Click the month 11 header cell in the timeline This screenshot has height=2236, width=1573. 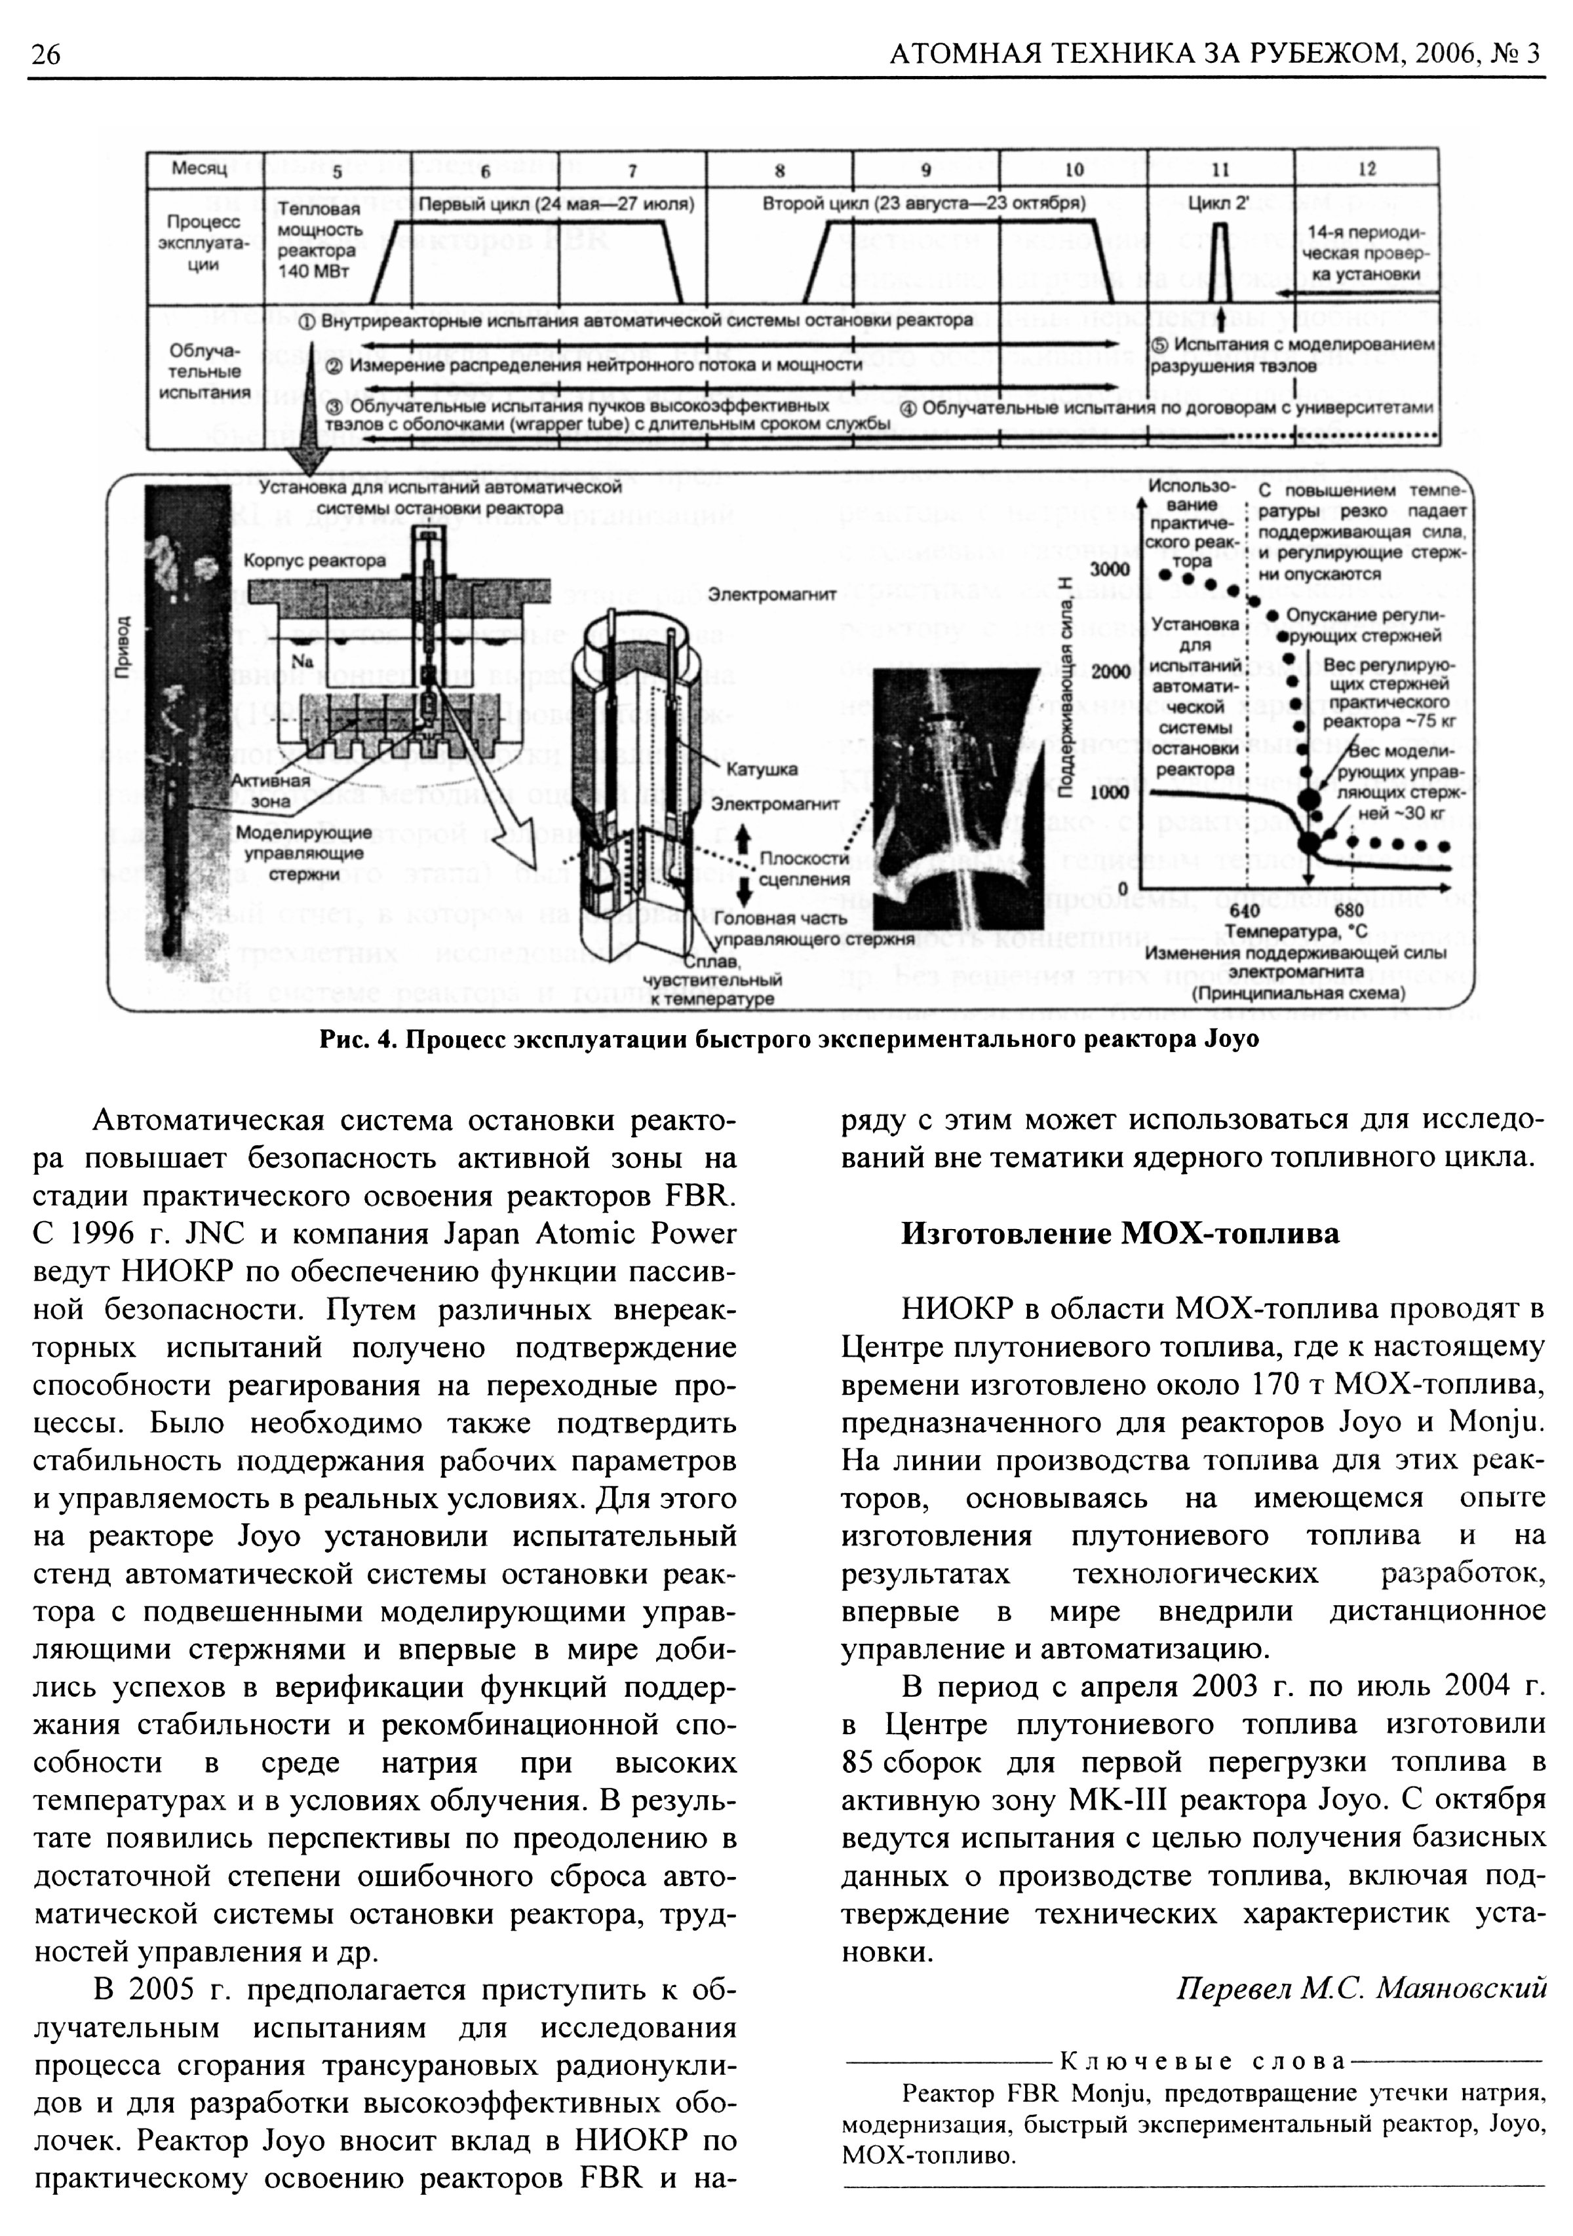pyautogui.click(x=1220, y=170)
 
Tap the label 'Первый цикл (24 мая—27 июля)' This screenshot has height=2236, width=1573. pyautogui.click(x=556, y=204)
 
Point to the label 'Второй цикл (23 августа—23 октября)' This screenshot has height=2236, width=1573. pyautogui.click(x=923, y=204)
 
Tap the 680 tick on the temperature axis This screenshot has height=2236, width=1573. pyautogui.click(x=1349, y=911)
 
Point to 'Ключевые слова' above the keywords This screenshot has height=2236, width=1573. pyautogui.click(x=1201, y=2062)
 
